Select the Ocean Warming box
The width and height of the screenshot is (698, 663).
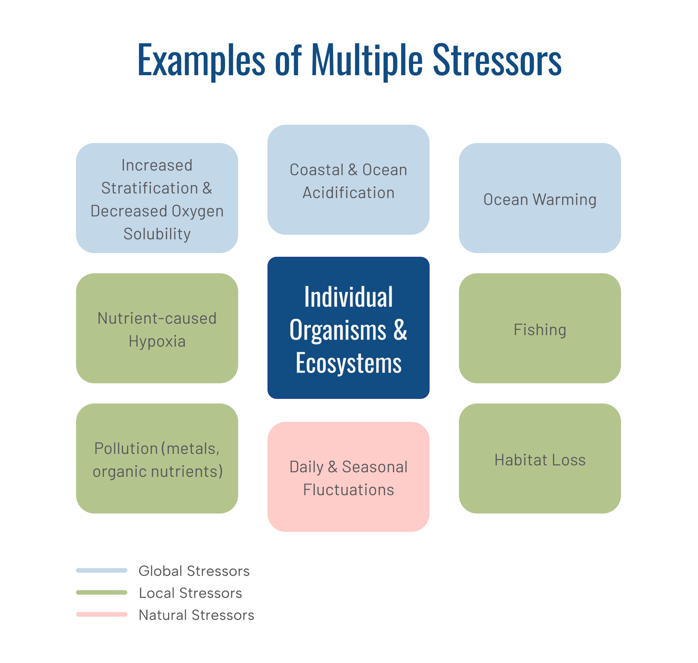click(540, 198)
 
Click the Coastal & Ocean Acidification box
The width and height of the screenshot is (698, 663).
click(348, 179)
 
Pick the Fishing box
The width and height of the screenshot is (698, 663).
click(540, 328)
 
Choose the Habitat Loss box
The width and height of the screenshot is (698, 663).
click(540, 459)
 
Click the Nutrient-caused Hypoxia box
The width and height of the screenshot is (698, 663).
click(157, 328)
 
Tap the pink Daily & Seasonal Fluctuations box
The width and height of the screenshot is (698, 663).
click(348, 477)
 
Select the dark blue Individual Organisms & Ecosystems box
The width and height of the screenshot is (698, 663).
click(348, 328)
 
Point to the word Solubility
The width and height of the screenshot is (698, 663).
click(157, 234)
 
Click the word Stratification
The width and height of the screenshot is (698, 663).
click(150, 188)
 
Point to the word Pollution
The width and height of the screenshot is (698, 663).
click(126, 448)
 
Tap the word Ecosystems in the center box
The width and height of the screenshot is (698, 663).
click(348, 363)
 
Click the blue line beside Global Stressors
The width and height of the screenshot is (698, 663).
click(102, 570)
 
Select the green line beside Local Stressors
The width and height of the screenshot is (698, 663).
click(102, 592)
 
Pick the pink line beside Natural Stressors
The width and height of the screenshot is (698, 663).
click(102, 614)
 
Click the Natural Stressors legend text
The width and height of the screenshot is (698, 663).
click(196, 615)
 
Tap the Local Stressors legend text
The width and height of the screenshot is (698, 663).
click(190, 593)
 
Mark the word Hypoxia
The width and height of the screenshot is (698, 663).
click(157, 341)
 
